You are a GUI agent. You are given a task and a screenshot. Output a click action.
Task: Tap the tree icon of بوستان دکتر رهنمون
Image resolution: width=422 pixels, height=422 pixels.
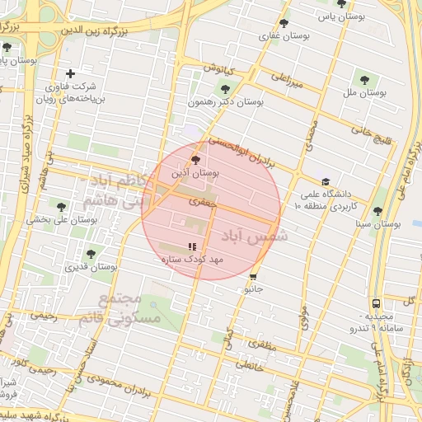224,87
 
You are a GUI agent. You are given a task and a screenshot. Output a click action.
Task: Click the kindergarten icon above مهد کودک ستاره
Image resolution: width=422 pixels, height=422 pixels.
192,246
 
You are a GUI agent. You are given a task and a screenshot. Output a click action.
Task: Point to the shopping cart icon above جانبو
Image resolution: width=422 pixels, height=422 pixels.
253,277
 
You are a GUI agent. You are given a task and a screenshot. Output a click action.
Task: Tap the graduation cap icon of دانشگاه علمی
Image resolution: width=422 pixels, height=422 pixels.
326,182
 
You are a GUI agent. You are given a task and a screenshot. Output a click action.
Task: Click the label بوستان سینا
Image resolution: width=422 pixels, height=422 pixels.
377,223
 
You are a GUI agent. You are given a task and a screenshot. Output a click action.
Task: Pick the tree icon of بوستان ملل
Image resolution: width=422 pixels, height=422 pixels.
364,79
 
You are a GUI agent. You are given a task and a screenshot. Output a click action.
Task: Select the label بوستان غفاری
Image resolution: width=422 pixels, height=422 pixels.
284,35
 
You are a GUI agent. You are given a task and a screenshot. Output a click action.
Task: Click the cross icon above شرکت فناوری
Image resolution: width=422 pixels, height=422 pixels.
70,74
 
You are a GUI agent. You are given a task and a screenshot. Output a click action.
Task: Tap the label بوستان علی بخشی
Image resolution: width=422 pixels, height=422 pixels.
62,219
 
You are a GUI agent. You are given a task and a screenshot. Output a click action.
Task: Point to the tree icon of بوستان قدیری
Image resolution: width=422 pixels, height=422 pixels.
90,254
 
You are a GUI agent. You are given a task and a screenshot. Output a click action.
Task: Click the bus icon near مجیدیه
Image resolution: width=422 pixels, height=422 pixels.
376,304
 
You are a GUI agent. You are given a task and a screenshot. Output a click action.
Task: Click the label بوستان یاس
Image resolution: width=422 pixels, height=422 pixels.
344,16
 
